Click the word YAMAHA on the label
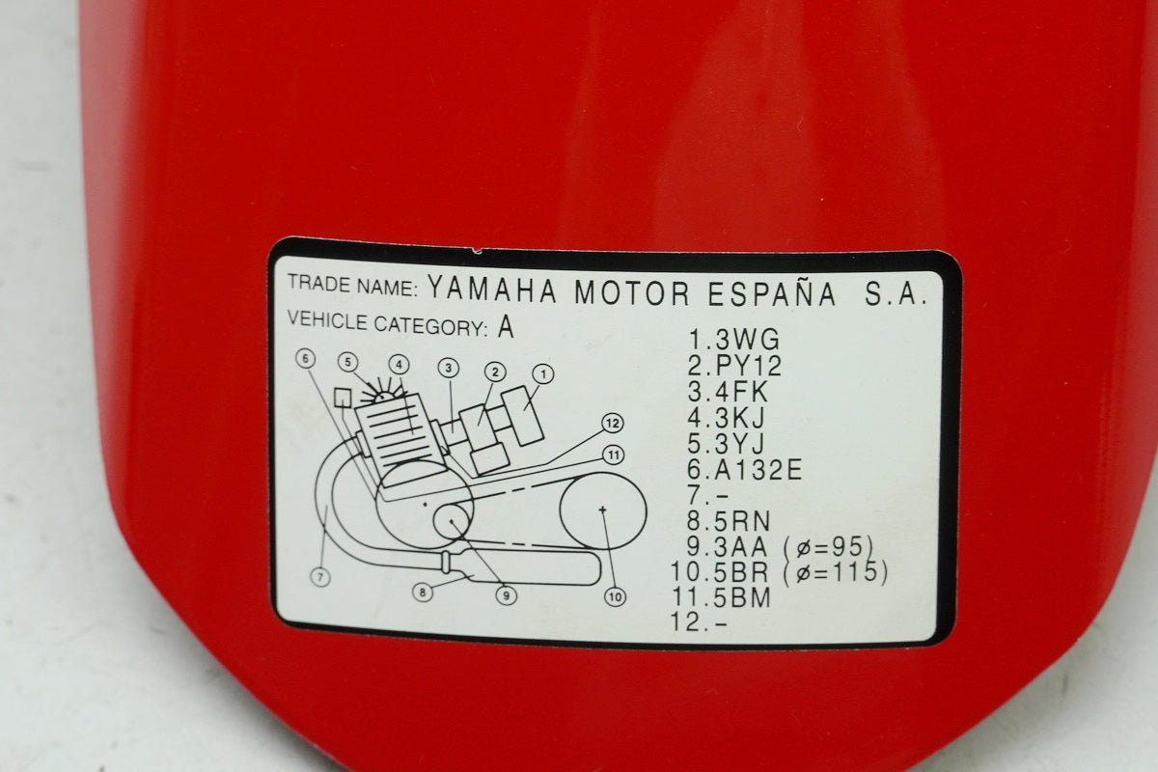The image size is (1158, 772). click(492, 290)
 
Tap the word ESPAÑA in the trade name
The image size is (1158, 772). click(771, 294)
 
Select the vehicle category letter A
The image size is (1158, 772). click(506, 327)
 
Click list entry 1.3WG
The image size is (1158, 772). click(734, 340)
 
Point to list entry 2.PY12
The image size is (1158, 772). click(734, 366)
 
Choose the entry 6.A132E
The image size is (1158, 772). click(744, 470)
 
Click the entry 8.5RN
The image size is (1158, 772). click(729, 521)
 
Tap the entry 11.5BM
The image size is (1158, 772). click(721, 596)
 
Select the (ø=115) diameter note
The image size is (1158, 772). click(835, 572)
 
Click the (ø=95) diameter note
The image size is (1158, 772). click(828, 547)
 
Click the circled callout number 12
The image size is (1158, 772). click(613, 424)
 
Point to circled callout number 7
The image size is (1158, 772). click(320, 576)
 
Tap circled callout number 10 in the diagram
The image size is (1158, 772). click(616, 597)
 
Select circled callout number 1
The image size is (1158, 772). click(542, 373)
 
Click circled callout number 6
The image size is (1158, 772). click(306, 358)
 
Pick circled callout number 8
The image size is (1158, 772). click(423, 593)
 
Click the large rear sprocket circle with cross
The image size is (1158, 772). click(603, 510)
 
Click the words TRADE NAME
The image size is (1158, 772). click(352, 285)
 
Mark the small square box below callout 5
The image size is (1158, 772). click(343, 398)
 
